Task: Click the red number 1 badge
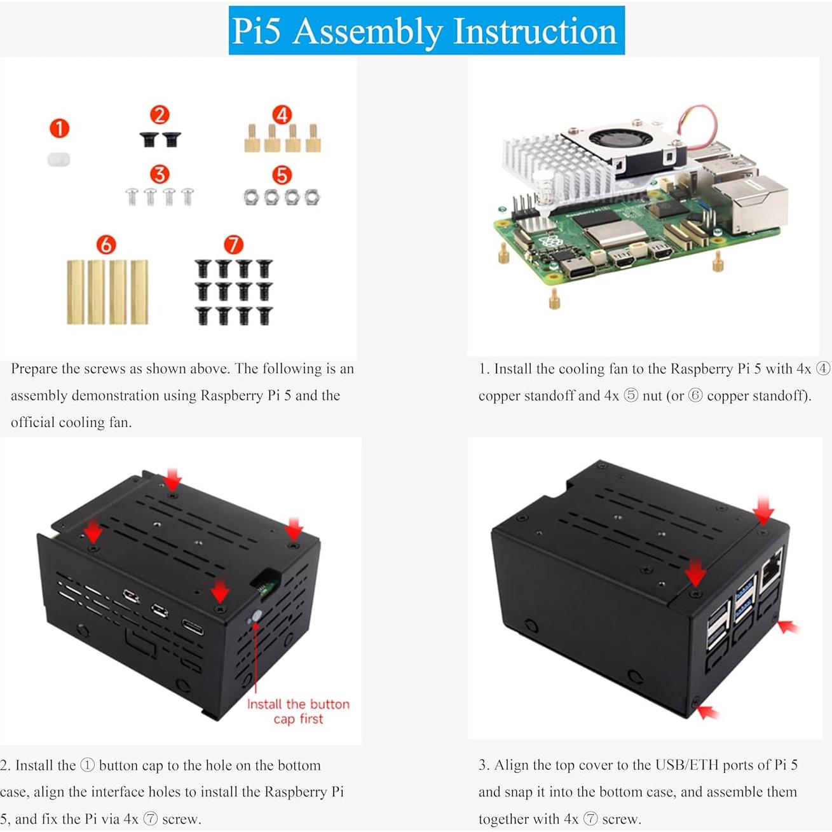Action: [x=59, y=128]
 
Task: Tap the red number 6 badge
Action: [x=106, y=245]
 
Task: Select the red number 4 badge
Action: [x=282, y=115]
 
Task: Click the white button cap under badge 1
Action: [x=58, y=159]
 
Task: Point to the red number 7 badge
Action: [x=233, y=245]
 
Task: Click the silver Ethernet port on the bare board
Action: [x=750, y=203]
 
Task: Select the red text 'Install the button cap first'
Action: [x=298, y=711]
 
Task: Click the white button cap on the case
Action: [x=257, y=616]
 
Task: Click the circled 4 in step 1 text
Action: [x=822, y=369]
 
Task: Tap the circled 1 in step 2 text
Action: [x=87, y=765]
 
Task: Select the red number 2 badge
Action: [x=160, y=115]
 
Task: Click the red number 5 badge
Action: [x=282, y=175]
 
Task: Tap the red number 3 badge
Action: [x=160, y=174]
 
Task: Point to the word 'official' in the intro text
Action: [x=32, y=423]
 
